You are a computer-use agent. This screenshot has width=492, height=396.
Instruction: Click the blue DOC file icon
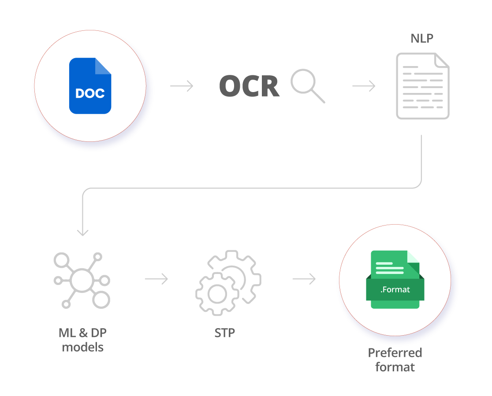(90, 86)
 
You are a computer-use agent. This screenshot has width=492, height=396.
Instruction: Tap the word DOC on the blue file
(90, 93)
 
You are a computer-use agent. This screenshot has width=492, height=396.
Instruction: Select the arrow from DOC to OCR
(182, 86)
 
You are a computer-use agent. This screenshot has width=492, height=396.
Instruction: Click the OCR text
(249, 86)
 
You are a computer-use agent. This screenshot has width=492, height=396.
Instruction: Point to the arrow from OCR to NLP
(364, 86)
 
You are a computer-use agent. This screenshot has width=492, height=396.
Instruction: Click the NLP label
(422, 39)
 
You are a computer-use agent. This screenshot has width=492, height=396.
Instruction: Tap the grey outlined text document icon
(422, 86)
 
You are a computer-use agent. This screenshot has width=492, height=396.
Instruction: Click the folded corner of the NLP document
(441, 61)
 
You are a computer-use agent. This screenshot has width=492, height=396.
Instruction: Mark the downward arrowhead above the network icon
(82, 232)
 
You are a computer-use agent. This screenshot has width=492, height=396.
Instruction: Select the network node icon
(82, 280)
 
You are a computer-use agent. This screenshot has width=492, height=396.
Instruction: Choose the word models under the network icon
(82, 347)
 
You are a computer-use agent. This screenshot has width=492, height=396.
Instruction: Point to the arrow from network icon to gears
(157, 279)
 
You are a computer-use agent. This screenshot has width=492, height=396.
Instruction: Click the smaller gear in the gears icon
(216, 294)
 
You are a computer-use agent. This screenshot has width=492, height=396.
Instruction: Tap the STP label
(225, 333)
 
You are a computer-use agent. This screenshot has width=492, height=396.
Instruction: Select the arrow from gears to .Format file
(304, 279)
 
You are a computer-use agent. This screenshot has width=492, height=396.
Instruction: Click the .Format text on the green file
(395, 289)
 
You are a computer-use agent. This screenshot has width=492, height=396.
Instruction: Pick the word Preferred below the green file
(395, 353)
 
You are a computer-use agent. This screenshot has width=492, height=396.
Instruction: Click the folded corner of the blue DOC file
(103, 66)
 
